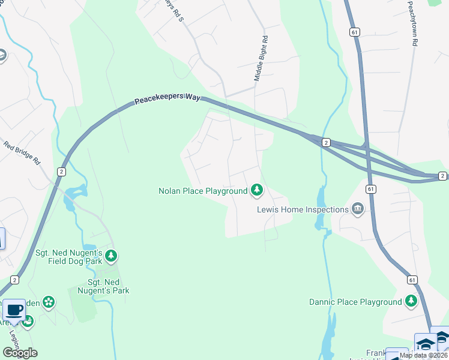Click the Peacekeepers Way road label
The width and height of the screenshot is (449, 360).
point(167,100)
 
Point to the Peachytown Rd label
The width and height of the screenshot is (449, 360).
point(412,24)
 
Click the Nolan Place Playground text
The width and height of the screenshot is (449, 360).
point(203,191)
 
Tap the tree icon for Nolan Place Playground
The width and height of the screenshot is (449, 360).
point(257,190)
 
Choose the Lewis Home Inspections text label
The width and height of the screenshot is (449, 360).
point(303,209)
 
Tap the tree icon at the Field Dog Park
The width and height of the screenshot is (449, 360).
point(110,256)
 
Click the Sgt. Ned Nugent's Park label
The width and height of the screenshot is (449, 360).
point(109,287)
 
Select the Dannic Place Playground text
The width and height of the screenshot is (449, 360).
point(355,302)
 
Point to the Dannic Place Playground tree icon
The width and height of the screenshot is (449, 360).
point(411,301)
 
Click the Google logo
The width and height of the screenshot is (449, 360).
point(20,353)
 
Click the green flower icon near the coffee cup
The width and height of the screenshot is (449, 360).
point(49,302)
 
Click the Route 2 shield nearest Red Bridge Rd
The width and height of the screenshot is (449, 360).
point(61,172)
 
